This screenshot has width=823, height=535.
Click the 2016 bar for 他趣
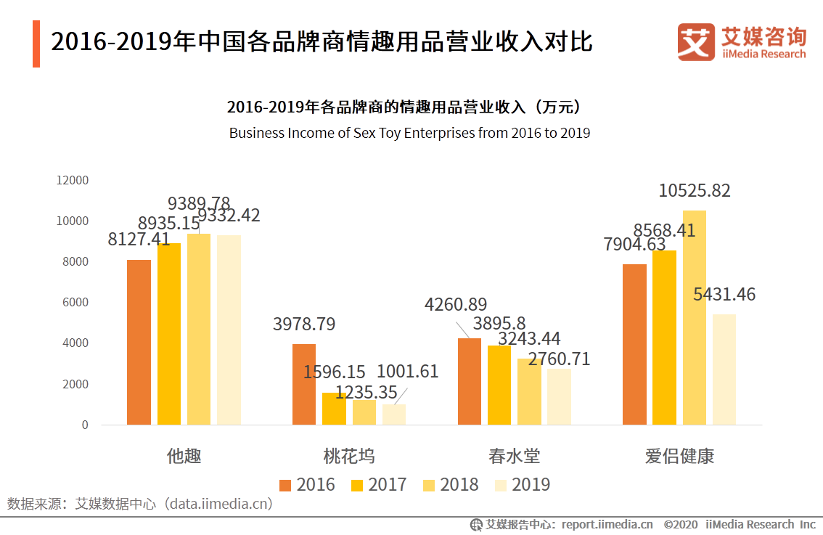(139, 342)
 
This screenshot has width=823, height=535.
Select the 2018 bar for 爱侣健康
(694, 317)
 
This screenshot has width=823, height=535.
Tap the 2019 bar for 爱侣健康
(724, 369)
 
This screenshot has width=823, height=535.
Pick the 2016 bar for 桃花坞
(304, 384)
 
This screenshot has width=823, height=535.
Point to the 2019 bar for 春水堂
(559, 396)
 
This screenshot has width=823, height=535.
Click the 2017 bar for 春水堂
(499, 385)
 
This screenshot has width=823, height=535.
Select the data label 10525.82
(694, 191)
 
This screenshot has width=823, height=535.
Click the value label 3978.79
(304, 324)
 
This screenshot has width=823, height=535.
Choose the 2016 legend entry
(307, 485)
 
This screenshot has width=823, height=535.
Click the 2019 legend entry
(522, 485)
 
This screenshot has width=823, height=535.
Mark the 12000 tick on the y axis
(73, 180)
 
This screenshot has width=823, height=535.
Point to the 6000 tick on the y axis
(75, 302)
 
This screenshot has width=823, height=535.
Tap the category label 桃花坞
(349, 456)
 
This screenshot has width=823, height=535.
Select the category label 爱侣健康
(679, 456)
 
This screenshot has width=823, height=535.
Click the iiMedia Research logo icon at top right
(695, 42)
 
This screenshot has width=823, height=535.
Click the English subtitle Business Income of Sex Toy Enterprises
(409, 133)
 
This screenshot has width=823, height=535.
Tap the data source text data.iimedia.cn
(219, 503)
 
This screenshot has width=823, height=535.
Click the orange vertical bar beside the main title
(36, 44)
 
